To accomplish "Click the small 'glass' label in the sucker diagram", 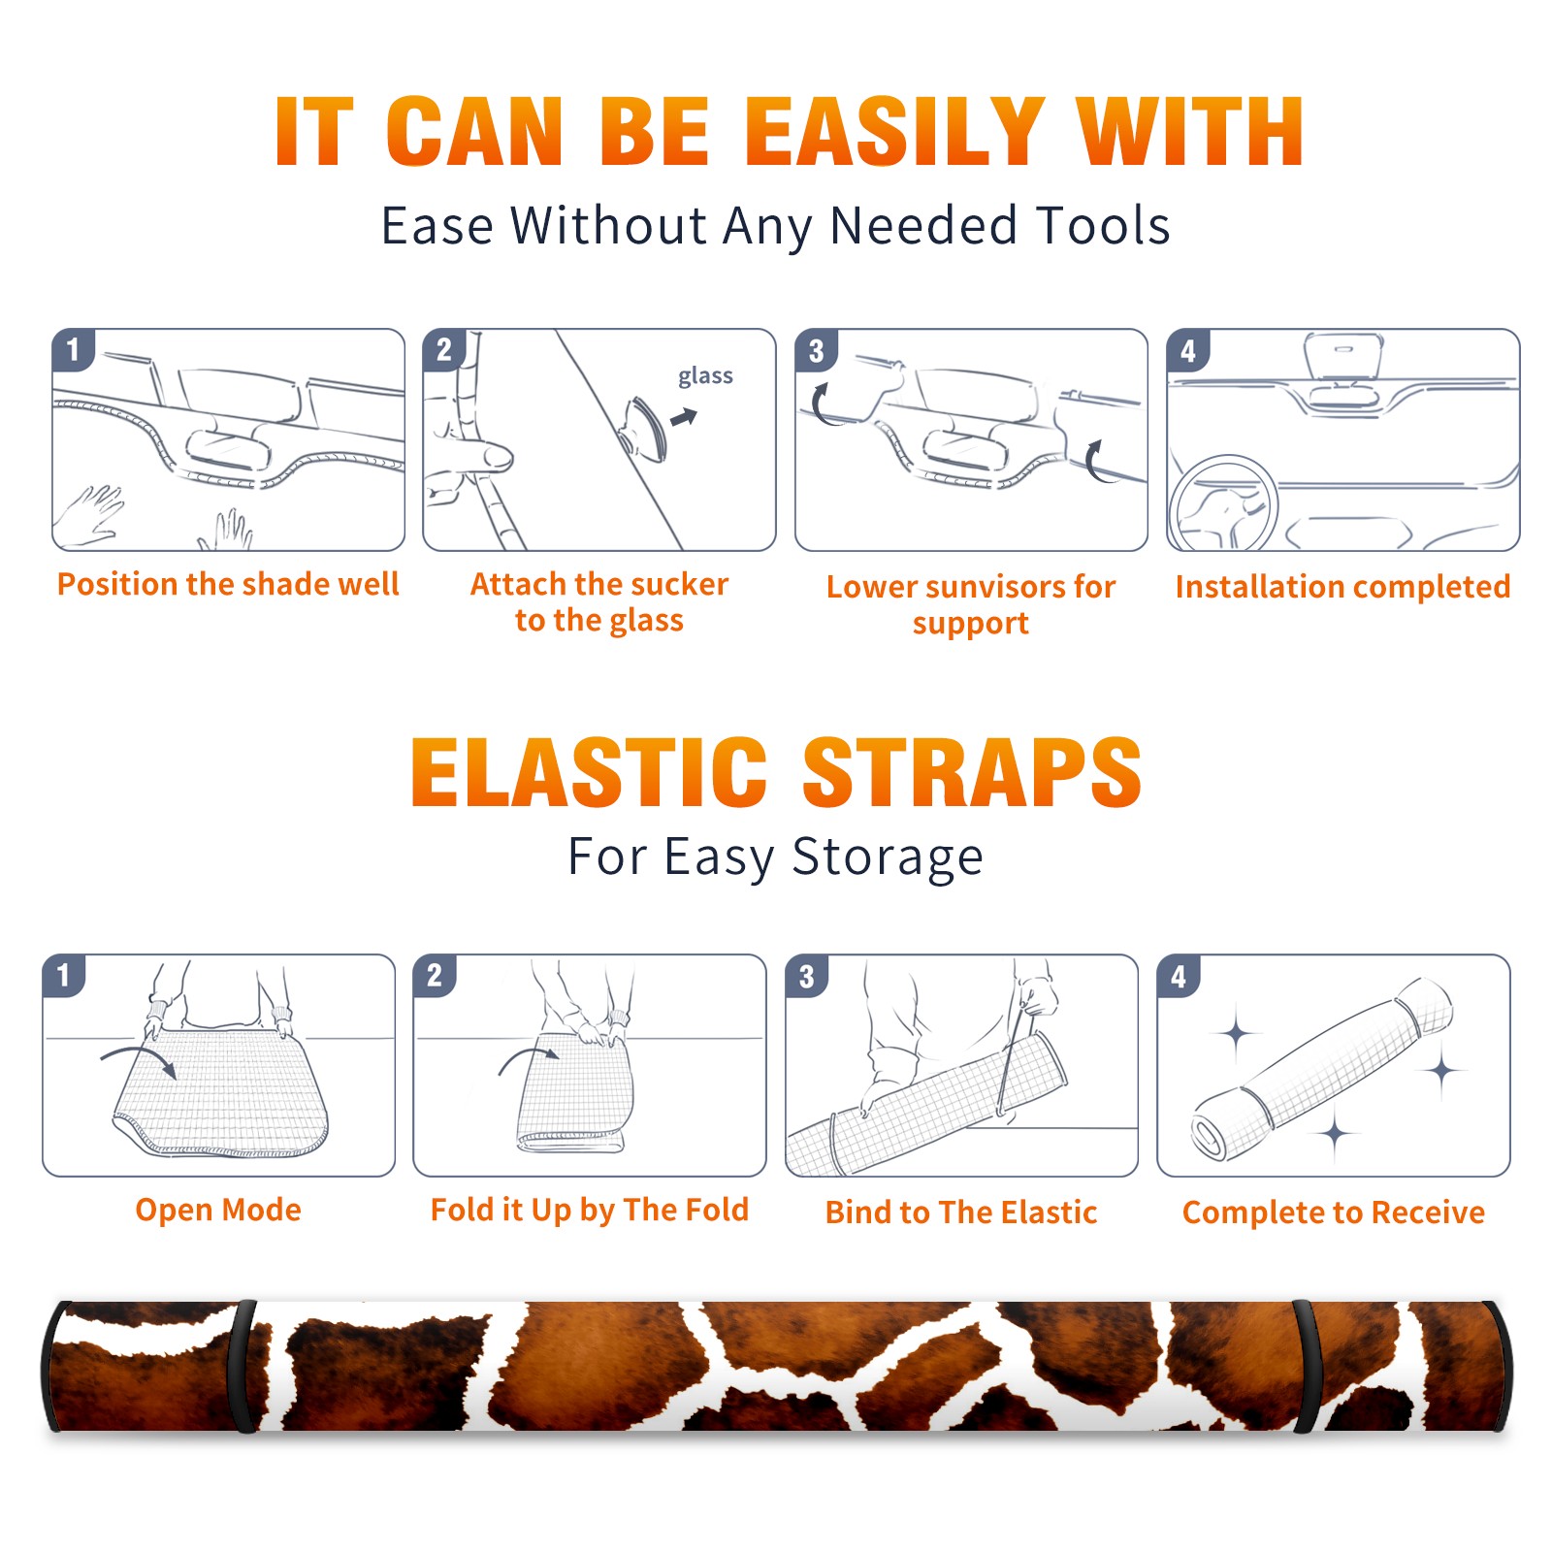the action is coord(705,376).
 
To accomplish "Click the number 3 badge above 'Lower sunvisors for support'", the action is coord(816,350).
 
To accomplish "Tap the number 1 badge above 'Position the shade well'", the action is coord(73,350).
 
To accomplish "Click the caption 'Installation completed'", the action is coord(1342,587).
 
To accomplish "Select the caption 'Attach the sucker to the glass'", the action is coord(599,602).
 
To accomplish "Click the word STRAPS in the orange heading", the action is coord(972,772).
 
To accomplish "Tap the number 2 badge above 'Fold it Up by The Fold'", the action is coord(435,976).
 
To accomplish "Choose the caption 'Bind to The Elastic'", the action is coord(961,1212).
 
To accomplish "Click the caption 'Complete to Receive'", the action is coord(1334,1212).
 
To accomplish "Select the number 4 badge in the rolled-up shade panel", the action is coord(1179,976).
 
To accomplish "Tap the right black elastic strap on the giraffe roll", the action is coord(1307,1367).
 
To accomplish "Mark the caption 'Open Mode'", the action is coord(218,1211).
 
